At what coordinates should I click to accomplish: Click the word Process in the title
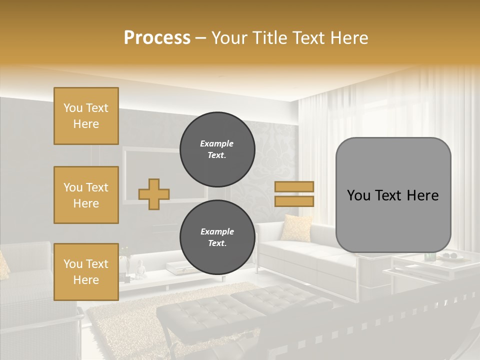[157, 38]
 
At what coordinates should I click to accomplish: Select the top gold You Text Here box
[86, 116]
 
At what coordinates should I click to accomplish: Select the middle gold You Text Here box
[86, 195]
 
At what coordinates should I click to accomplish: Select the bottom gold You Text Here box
[86, 272]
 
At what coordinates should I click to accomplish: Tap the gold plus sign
[154, 194]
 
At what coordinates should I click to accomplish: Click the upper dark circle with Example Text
[217, 149]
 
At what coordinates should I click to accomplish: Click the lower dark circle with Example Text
[217, 237]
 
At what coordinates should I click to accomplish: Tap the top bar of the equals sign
[294, 186]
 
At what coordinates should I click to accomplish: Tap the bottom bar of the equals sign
[294, 201]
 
